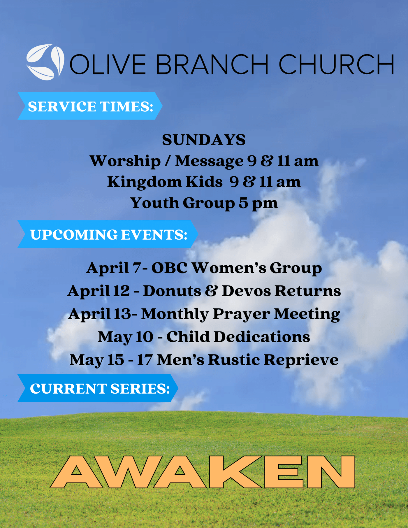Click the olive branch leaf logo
point(45,62)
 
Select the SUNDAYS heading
point(204,140)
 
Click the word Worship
point(125,161)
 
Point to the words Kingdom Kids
point(165,182)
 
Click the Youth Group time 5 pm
point(258,203)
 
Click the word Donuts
point(172,291)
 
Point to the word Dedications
point(262,337)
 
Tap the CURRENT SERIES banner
point(98,388)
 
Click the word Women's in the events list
point(229,268)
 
